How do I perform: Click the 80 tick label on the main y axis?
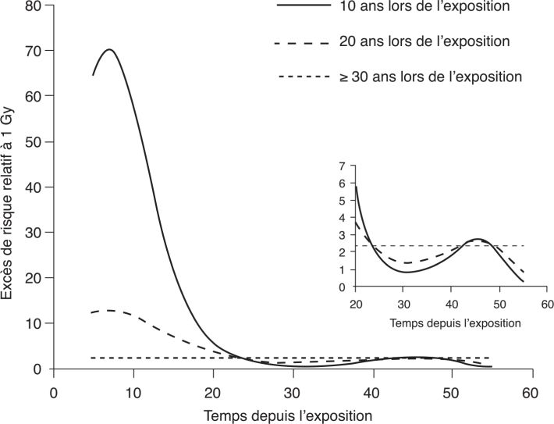[x=32, y=6]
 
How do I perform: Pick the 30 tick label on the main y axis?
[x=32, y=233]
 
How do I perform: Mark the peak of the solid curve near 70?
[x=109, y=49]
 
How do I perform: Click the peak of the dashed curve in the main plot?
[x=109, y=310]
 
